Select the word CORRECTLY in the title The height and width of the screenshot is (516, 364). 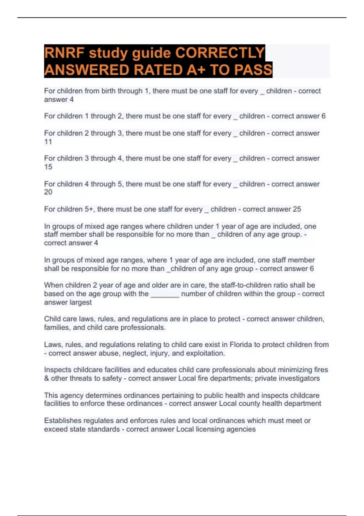220,53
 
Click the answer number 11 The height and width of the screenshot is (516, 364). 48,142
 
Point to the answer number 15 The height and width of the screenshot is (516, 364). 48,167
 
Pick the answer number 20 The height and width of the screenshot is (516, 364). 48,192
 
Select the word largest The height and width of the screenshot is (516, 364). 80,302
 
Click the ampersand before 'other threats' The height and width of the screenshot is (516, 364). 46,379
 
